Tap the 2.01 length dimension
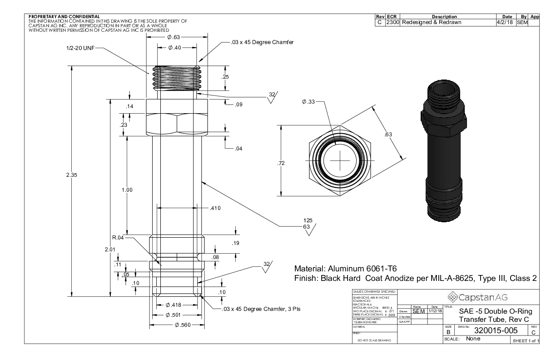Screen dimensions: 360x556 click(110, 249)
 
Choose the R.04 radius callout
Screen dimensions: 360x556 click(118, 237)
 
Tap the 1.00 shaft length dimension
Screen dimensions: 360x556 click(127, 190)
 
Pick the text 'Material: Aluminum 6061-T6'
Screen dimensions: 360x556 click(347, 268)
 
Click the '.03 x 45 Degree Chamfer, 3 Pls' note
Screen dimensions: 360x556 click(262, 309)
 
